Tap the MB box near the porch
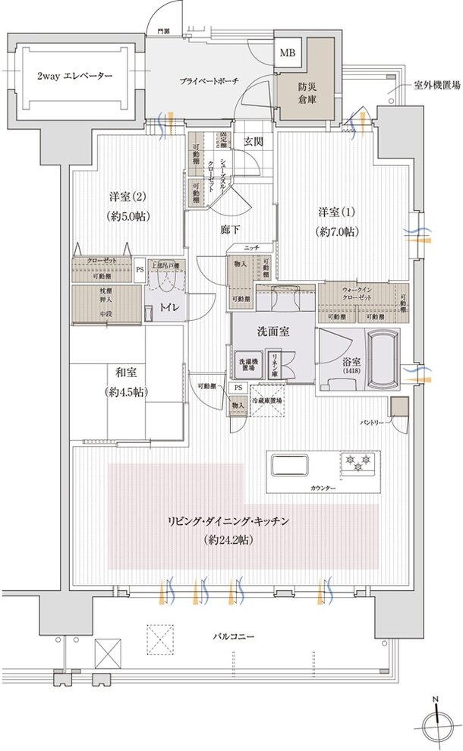point(288,53)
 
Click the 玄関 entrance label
point(253,141)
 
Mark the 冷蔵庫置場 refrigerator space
point(267,402)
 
